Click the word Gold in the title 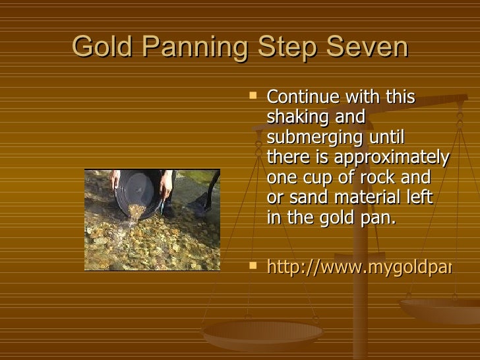101,47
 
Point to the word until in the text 388,138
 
